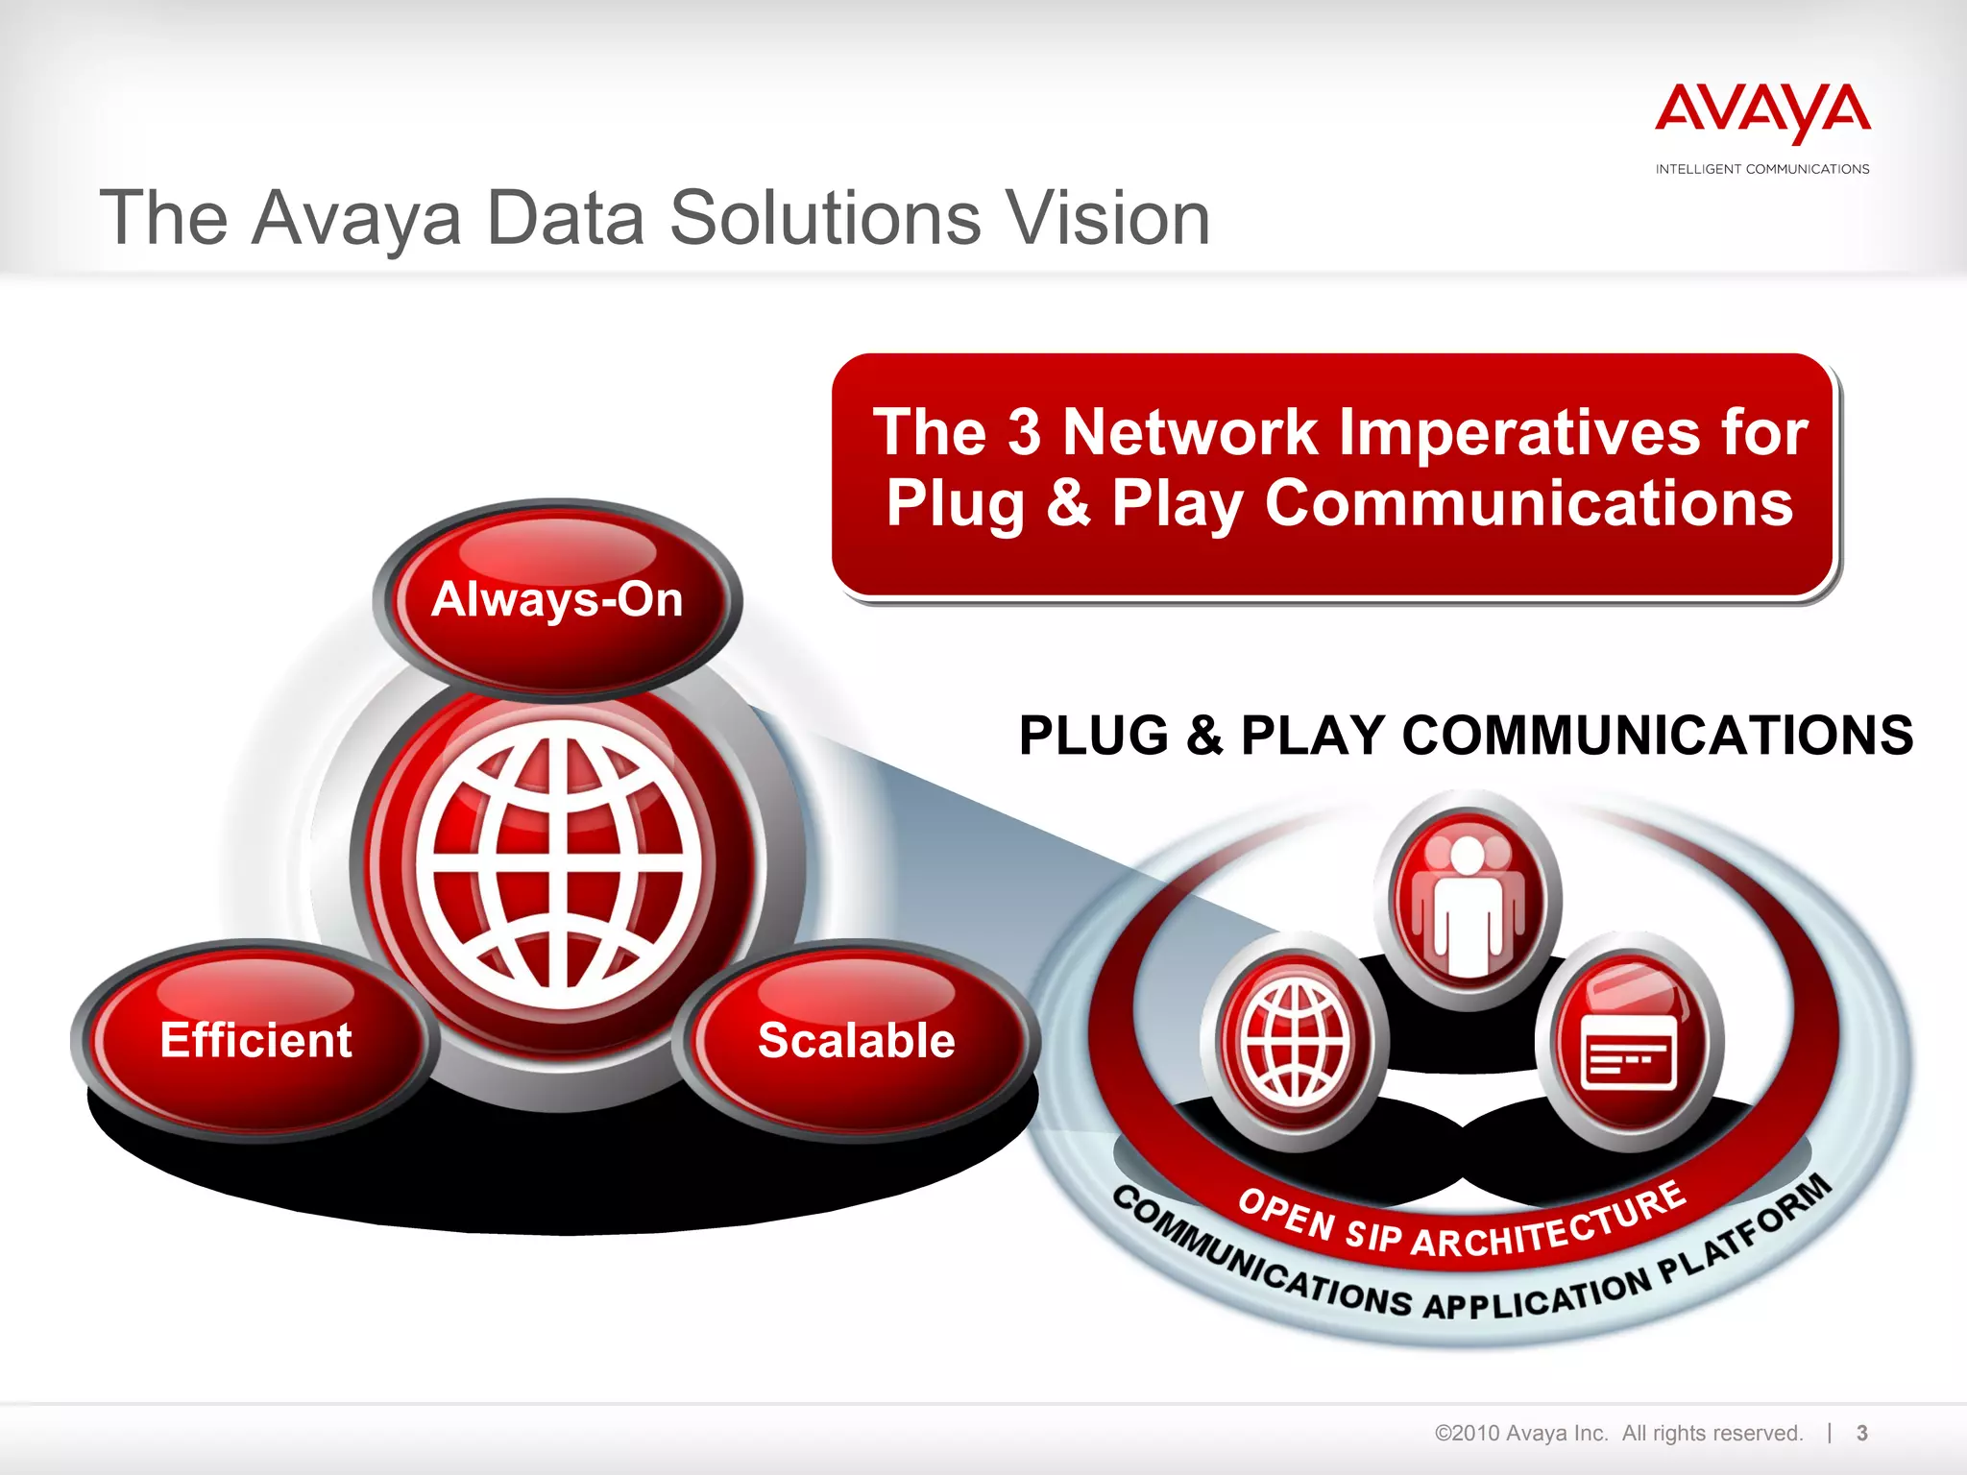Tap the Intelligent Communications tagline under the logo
(1762, 169)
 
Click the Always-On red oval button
(557, 599)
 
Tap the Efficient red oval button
(255, 1040)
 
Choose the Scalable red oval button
(856, 1040)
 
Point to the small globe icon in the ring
(1297, 1042)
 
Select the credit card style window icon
(1629, 1047)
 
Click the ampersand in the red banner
(1068, 503)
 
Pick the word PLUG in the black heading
(1093, 736)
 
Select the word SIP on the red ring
(1373, 1235)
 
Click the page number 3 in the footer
(1861, 1433)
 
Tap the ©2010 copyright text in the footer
(1521, 1433)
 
